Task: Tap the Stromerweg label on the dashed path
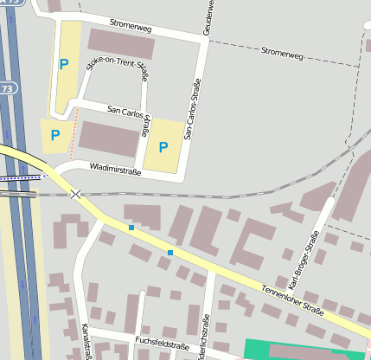point(282,54)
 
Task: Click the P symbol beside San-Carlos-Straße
point(163,147)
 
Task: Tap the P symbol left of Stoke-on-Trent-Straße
point(63,63)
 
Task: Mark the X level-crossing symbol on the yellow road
point(77,194)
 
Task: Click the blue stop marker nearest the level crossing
point(131,228)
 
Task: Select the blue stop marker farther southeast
point(170,253)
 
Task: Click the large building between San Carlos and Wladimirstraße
point(108,138)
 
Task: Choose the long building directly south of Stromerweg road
point(121,43)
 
